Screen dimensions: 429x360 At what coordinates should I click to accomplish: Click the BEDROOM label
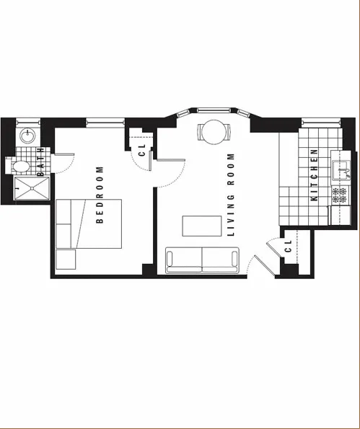pyautogui.click(x=100, y=195)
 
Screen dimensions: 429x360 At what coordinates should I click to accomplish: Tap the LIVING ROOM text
pyautogui.click(x=232, y=195)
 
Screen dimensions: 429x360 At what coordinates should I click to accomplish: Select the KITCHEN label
pyautogui.click(x=314, y=174)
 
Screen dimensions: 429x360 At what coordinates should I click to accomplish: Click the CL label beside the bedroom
pyautogui.click(x=141, y=149)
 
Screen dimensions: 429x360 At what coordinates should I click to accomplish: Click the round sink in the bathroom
pyautogui.click(x=28, y=135)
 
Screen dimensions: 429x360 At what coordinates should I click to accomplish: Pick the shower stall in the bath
pyautogui.click(x=30, y=190)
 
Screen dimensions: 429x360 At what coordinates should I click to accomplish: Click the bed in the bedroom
pyautogui.click(x=87, y=224)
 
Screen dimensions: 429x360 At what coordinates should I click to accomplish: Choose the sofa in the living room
pyautogui.click(x=203, y=260)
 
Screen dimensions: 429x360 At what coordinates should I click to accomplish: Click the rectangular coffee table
pyautogui.click(x=202, y=226)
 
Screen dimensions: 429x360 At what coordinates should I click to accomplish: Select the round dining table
pyautogui.click(x=213, y=131)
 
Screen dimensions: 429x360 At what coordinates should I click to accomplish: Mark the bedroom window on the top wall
pyautogui.click(x=101, y=120)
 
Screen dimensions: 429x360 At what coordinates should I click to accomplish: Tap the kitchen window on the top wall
pyautogui.click(x=314, y=120)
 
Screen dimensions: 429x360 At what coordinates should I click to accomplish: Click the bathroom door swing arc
pyautogui.click(x=63, y=162)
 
